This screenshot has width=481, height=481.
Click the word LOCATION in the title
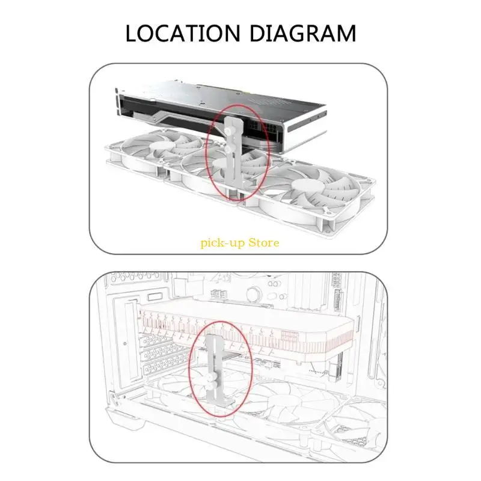[183, 33]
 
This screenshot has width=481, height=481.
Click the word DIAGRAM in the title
[303, 33]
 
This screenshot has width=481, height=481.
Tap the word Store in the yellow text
[264, 243]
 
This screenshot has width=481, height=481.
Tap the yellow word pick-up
[222, 244]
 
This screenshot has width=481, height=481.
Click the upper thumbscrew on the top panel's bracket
[228, 132]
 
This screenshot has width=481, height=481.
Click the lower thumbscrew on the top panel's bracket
[229, 149]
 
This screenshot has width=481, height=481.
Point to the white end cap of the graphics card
[306, 129]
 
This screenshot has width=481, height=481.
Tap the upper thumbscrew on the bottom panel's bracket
[210, 377]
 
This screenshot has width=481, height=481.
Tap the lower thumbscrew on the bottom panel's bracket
[210, 386]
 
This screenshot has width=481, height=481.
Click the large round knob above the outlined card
[254, 293]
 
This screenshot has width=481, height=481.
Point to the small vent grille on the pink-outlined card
[289, 337]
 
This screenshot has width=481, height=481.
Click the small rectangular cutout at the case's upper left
[155, 297]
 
